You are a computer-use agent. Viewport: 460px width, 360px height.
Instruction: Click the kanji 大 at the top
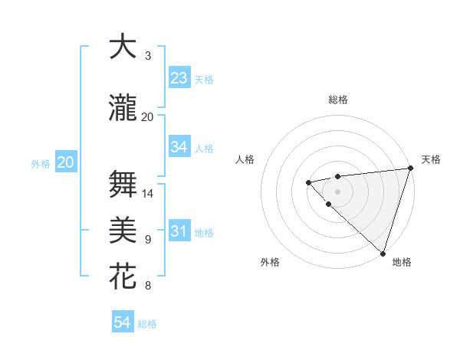click(x=123, y=47)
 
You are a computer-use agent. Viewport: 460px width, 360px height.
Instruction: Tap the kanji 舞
click(x=123, y=185)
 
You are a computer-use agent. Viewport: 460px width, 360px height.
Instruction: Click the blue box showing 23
click(x=179, y=78)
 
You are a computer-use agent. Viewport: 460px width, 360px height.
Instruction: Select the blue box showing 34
click(x=179, y=147)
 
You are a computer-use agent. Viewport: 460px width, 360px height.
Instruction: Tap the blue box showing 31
click(x=179, y=231)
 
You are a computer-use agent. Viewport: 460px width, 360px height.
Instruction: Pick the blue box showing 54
click(x=123, y=322)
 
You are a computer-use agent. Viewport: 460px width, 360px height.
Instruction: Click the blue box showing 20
click(x=66, y=162)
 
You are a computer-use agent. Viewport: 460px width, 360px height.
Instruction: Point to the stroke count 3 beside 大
click(x=148, y=56)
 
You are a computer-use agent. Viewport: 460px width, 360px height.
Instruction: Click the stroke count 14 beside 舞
click(x=148, y=194)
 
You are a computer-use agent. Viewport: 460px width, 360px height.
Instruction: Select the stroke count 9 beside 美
click(x=148, y=240)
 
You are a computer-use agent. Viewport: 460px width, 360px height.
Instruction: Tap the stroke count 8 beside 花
click(x=148, y=286)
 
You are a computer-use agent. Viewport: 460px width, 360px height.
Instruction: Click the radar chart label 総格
click(x=337, y=100)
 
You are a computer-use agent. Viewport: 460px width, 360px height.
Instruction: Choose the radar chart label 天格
click(x=431, y=159)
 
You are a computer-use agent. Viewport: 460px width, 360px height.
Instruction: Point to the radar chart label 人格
click(x=245, y=159)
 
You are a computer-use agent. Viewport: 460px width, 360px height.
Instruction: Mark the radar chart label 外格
click(x=270, y=262)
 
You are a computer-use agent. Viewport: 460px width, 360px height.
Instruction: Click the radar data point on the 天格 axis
click(x=410, y=169)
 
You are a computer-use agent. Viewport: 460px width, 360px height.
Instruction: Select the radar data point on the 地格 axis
click(x=383, y=253)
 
